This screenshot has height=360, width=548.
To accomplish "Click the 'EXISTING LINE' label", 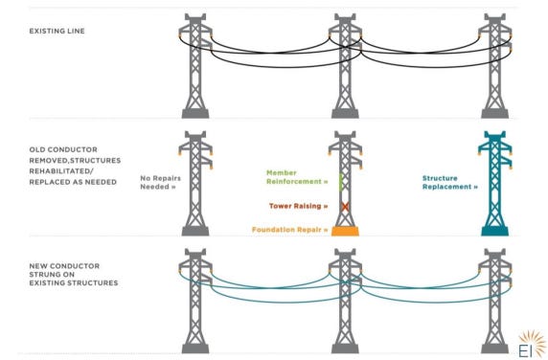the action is pyautogui.click(x=57, y=31).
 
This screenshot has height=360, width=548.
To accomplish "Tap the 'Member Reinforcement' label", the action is pyautogui.click(x=297, y=177).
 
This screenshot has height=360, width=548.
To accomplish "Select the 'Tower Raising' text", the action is pyautogui.click(x=299, y=206).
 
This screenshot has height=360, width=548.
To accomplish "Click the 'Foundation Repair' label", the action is pyautogui.click(x=290, y=230).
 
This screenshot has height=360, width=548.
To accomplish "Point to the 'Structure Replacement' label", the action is pyautogui.click(x=449, y=182).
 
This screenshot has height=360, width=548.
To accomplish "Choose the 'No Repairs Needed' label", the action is pyautogui.click(x=160, y=182).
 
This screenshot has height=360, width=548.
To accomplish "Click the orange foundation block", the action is pyautogui.click(x=345, y=231).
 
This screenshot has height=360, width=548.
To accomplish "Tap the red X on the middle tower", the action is pyautogui.click(x=345, y=207).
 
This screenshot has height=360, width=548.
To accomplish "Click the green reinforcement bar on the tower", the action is pyautogui.click(x=341, y=183).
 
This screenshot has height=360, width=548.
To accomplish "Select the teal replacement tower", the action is pyautogui.click(x=495, y=183).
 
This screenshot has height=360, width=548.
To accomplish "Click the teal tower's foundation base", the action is pyautogui.click(x=495, y=231).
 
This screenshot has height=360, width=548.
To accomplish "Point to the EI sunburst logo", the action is pyautogui.click(x=531, y=345).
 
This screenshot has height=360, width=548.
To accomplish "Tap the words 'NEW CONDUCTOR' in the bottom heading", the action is pyautogui.click(x=64, y=266).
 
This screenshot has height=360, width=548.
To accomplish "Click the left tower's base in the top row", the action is pyautogui.click(x=195, y=114).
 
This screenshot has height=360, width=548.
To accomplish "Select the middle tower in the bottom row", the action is pyautogui.click(x=345, y=301).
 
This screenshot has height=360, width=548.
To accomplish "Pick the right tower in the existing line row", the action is pyautogui.click(x=495, y=66).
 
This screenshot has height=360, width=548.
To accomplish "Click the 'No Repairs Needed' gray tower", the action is pyautogui.click(x=195, y=183).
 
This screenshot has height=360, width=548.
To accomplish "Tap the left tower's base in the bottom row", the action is pyautogui.click(x=195, y=349).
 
